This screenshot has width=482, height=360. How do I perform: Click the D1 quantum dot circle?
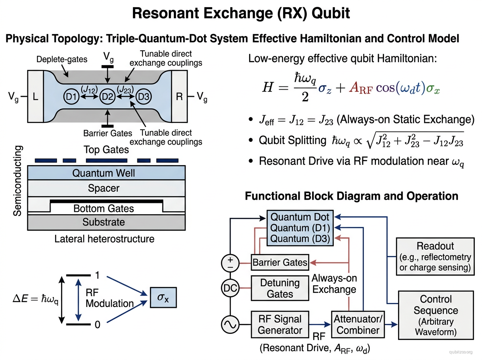pyautogui.click(x=72, y=97)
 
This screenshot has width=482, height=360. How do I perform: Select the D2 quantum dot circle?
pyautogui.click(x=107, y=97)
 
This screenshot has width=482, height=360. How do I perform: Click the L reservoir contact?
pyautogui.click(x=35, y=96)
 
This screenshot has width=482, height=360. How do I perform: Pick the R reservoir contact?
pyautogui.click(x=179, y=96)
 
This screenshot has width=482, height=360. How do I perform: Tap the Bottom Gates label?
pyautogui.click(x=104, y=209)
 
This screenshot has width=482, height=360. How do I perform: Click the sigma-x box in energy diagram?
pyautogui.click(x=163, y=298)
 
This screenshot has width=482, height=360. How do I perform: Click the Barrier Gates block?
pyautogui.click(x=280, y=263)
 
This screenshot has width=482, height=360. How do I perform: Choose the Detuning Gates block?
pyautogui.click(x=280, y=288)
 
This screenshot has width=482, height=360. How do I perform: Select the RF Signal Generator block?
pyautogui.click(x=280, y=324)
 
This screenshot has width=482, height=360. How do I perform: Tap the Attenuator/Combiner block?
pyautogui.click(x=358, y=324)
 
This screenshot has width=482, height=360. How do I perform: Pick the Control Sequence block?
pyautogui.click(x=435, y=315)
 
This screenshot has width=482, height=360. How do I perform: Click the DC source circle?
pyautogui.click(x=230, y=288)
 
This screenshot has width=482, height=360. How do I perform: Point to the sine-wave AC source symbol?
pyautogui.click(x=230, y=324)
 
